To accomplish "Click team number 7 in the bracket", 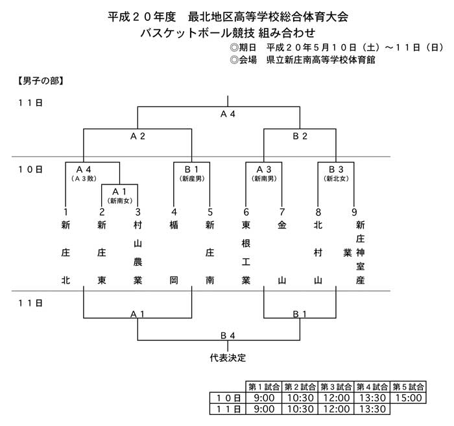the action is (x=282, y=212).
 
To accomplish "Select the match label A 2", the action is (x=137, y=136).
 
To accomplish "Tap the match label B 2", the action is (x=300, y=136).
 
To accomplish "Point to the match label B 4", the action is (x=228, y=336).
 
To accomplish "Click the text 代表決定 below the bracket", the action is (x=228, y=358).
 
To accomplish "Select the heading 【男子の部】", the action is (x=40, y=81).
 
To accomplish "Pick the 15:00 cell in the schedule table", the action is (x=408, y=398).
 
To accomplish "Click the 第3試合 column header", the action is (x=336, y=387).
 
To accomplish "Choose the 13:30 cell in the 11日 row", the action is (x=372, y=409).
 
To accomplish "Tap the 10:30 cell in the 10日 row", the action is (x=300, y=398).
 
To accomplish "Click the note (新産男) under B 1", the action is (x=192, y=179).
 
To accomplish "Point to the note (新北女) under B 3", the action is (x=336, y=179).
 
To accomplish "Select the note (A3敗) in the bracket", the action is (x=84, y=179).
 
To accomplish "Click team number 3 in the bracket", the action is (x=137, y=212).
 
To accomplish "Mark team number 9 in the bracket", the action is (x=354, y=212).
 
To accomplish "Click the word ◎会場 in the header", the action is (x=243, y=60).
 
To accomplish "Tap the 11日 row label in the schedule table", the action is (x=228, y=409).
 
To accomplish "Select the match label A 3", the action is (x=264, y=169).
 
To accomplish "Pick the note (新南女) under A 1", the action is (x=119, y=201).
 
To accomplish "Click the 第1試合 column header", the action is (x=264, y=387).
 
